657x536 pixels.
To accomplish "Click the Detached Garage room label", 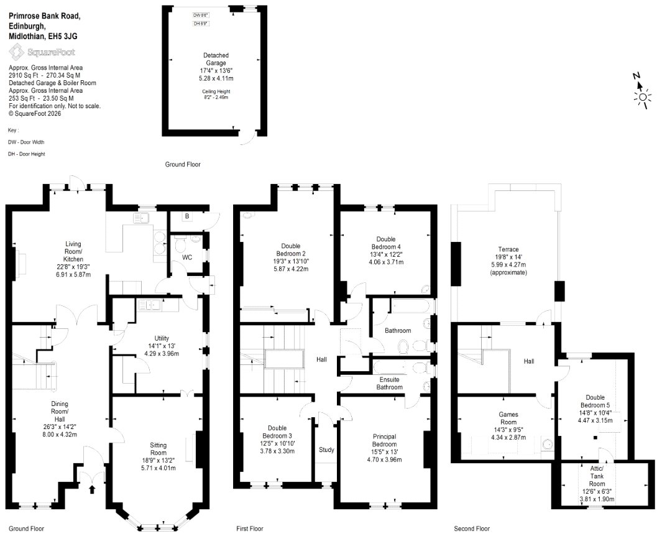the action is (x=216, y=59).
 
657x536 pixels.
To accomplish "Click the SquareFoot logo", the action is (x=42, y=52).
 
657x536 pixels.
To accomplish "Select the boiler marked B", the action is (x=187, y=216).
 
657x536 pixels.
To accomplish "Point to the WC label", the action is (x=187, y=257).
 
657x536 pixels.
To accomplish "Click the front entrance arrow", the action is (x=92, y=489).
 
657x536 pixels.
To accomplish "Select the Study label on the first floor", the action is (x=326, y=450).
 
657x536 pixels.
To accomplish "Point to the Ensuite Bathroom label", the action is (x=389, y=383).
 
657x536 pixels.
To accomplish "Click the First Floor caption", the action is (x=250, y=529).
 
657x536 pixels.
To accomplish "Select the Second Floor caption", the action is (x=472, y=529).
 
